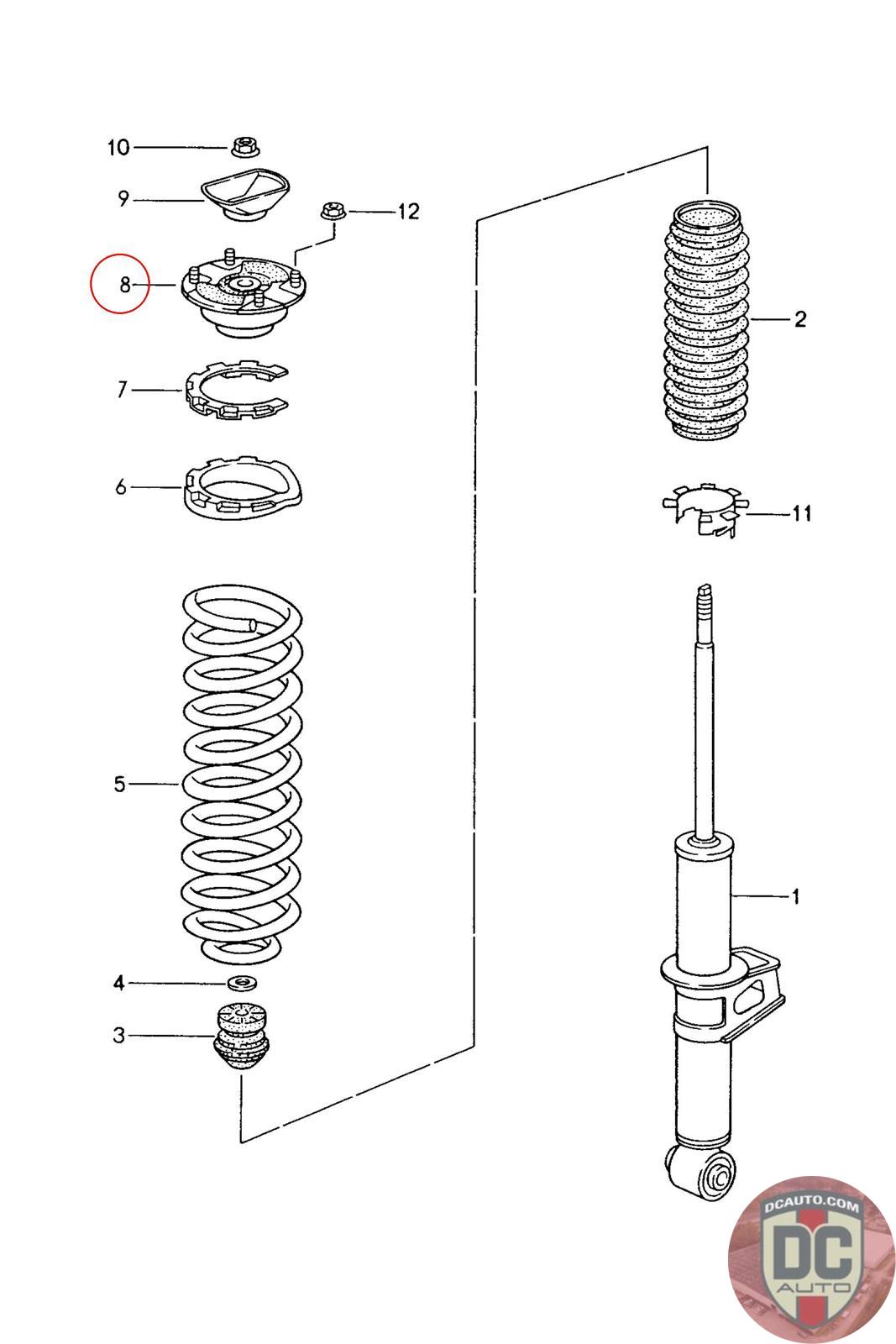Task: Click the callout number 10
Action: tap(118, 148)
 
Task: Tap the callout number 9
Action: tap(123, 199)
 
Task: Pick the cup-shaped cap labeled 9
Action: tap(246, 195)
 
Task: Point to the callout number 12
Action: tap(407, 211)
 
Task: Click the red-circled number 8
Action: tap(124, 285)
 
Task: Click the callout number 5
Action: tap(120, 784)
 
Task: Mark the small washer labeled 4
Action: tap(242, 983)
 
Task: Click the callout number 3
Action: tap(119, 1035)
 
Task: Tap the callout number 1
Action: tap(795, 896)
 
